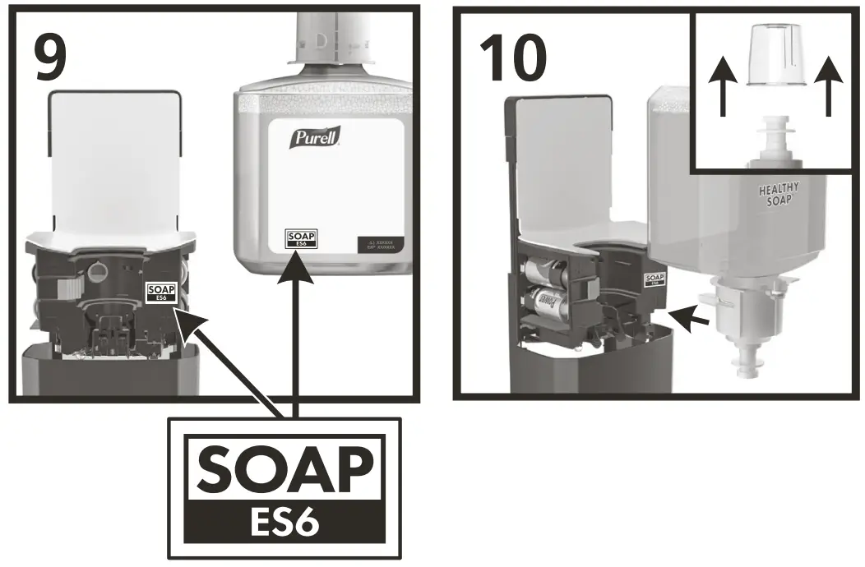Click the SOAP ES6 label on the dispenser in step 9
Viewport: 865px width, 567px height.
[160, 293]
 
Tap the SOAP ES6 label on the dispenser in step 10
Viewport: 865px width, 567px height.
[655, 280]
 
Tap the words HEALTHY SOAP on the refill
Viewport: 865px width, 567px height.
[778, 196]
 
